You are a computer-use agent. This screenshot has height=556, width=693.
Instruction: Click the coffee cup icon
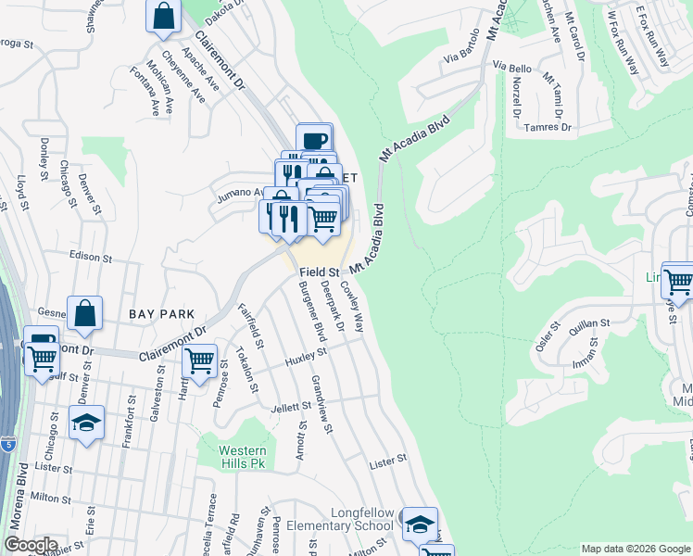[x=315, y=140]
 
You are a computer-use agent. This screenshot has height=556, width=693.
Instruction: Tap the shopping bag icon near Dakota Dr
[x=164, y=16]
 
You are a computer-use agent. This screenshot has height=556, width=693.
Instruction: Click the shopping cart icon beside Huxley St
[x=199, y=360]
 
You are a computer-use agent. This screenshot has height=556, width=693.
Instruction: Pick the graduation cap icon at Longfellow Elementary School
[x=420, y=524]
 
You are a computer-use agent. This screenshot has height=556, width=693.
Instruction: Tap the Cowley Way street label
[x=352, y=307]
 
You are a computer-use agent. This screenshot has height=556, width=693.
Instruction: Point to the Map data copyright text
[x=634, y=549]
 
